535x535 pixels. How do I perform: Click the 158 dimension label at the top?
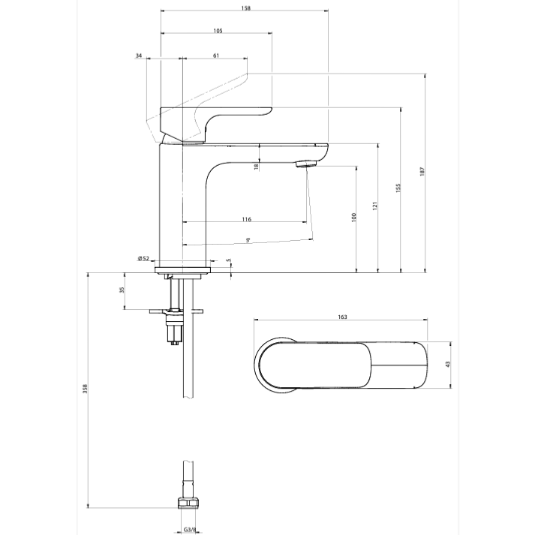245,8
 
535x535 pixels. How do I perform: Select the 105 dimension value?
218,31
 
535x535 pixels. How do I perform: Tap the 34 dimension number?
139,56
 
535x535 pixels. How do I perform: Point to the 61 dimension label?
216,56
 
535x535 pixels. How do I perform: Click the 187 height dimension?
422,171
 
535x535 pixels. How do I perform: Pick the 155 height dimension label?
398,188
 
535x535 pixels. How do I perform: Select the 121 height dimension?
375,206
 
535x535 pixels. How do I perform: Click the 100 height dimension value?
353,218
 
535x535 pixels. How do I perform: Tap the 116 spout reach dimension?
246,219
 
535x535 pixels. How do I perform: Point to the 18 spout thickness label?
256,167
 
